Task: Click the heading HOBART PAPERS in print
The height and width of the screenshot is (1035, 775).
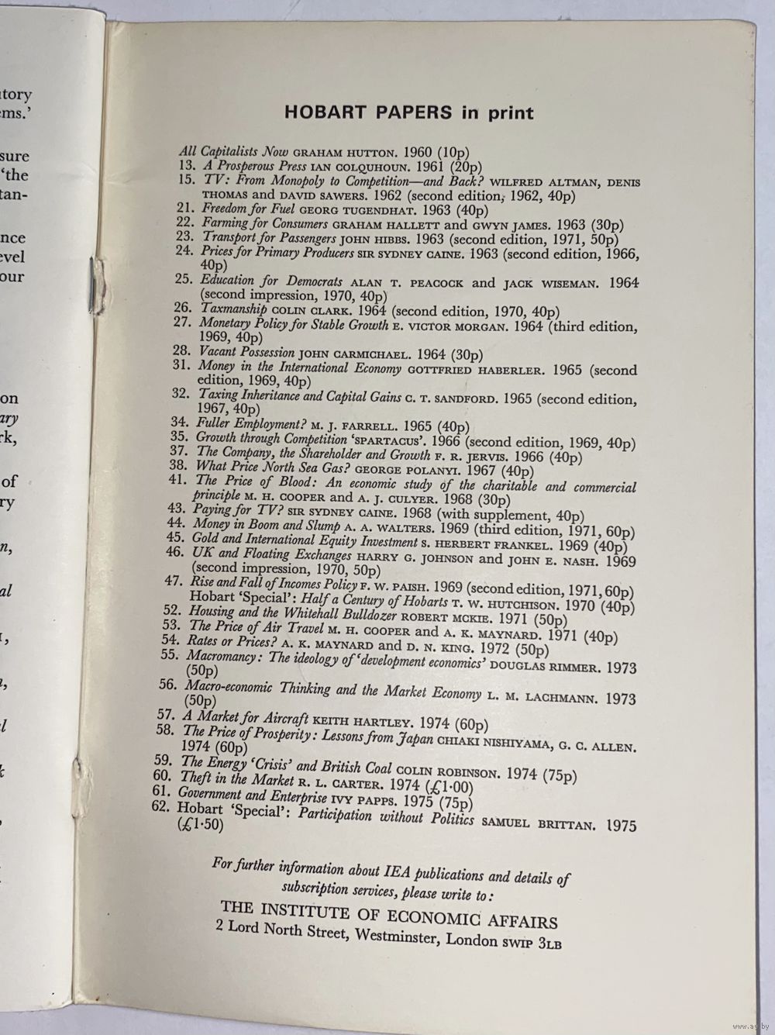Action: [408, 112]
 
